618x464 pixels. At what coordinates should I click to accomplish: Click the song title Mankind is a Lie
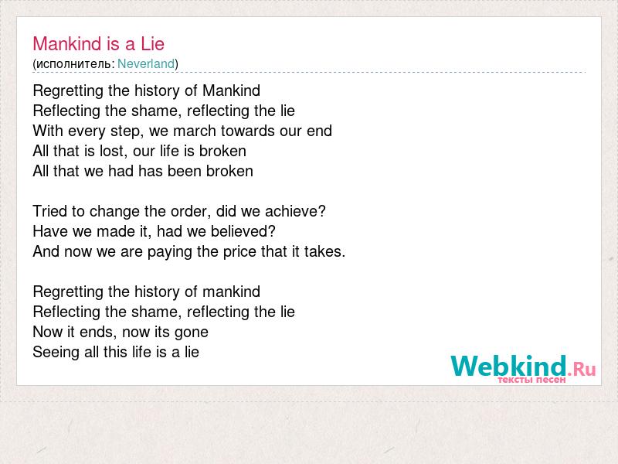coord(99,43)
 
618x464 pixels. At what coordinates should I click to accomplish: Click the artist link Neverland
coord(146,63)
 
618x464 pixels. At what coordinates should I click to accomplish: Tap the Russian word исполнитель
coord(73,64)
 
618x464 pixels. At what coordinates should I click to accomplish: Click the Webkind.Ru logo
coord(524,366)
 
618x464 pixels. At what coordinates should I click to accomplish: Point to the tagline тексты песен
coord(531,380)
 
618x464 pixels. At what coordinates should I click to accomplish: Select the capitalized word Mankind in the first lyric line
coord(231,90)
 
